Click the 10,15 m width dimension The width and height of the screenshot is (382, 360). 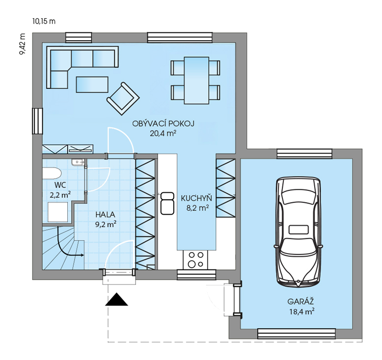[x=44, y=22]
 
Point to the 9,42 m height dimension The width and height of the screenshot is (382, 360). [x=23, y=44]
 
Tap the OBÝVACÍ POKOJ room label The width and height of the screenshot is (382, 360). [x=163, y=123]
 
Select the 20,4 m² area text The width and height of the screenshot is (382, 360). [x=163, y=133]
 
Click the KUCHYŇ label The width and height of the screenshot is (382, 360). [x=196, y=198]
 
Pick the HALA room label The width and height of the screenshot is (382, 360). [x=105, y=215]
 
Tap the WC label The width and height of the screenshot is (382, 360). [x=60, y=185]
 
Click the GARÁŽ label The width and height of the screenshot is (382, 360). [x=300, y=301]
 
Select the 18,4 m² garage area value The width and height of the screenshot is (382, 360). [x=301, y=311]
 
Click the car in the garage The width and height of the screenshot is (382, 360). [x=298, y=232]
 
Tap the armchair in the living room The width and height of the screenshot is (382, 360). [x=123, y=99]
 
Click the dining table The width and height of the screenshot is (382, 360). [x=196, y=80]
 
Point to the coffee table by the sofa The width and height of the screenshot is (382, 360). [x=92, y=84]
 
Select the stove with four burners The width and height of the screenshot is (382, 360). [x=195, y=259]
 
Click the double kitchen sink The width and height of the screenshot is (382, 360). [x=167, y=203]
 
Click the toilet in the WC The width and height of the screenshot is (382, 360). [x=52, y=174]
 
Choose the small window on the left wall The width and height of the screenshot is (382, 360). [x=37, y=121]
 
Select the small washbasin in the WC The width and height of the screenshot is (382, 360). [x=78, y=162]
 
